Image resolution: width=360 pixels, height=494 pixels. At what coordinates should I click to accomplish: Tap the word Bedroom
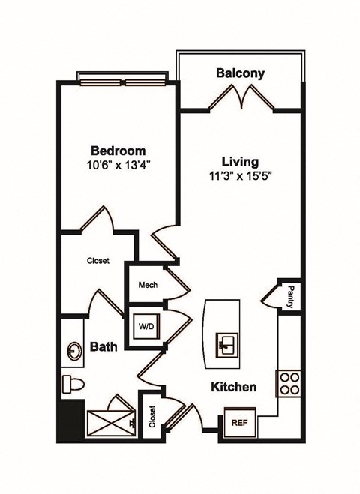point(118,150)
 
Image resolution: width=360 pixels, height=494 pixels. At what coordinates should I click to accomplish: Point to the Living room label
point(240,162)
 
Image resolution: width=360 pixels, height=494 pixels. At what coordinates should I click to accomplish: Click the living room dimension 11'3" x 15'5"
point(240,177)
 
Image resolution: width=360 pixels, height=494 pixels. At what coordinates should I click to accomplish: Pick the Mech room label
point(146,285)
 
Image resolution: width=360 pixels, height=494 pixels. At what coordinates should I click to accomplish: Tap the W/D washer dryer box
point(145,326)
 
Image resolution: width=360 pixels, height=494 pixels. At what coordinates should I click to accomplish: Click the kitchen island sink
point(226,345)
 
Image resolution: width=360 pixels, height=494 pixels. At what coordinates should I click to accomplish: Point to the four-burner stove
point(288,383)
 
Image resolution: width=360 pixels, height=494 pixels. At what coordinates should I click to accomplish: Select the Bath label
point(103,347)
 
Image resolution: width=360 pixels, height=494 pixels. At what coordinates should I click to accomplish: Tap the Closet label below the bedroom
point(97,261)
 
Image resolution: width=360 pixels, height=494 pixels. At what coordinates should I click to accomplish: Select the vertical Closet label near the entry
point(152,416)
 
